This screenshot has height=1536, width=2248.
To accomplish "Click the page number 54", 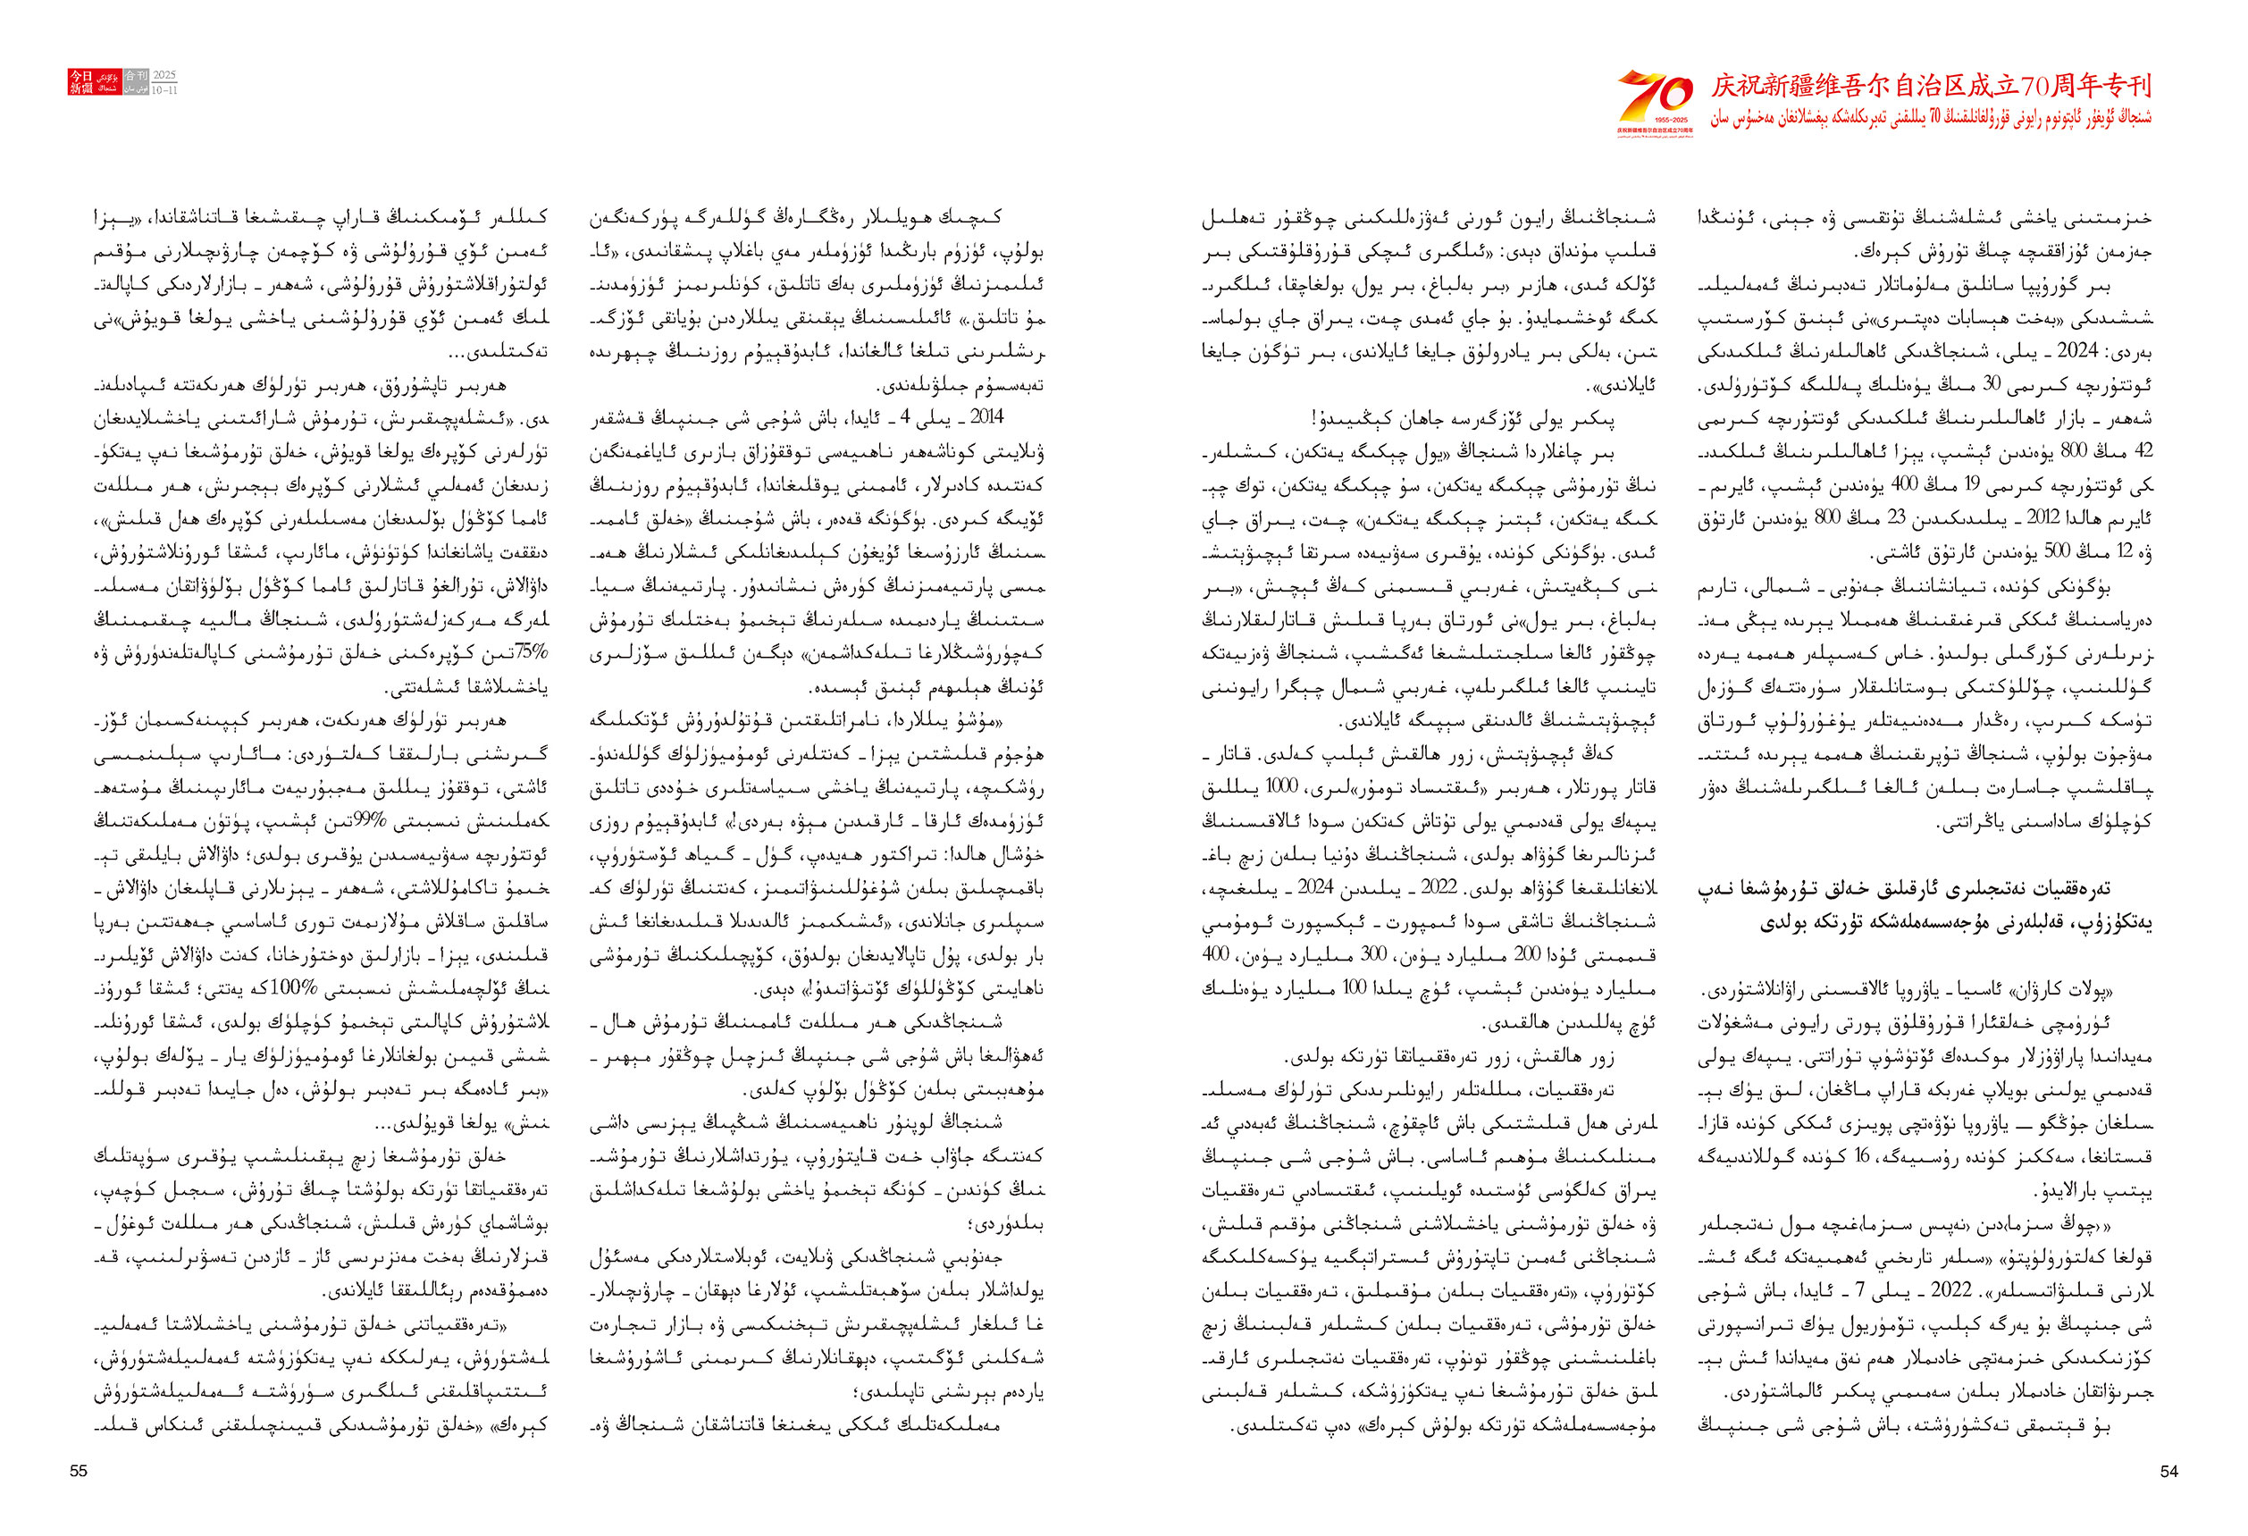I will (x=2168, y=1470).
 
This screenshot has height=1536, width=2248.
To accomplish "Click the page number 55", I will (x=79, y=1470).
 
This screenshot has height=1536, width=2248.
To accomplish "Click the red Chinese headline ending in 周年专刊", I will (x=1931, y=86).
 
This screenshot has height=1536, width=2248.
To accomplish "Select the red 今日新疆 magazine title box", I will (x=80, y=82).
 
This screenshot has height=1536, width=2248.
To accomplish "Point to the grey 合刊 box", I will (x=137, y=75).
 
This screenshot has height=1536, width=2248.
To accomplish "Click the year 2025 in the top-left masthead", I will (x=164, y=75).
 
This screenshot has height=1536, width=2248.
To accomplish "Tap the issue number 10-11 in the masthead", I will (x=164, y=90).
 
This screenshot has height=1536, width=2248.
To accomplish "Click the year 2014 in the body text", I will (x=986, y=417).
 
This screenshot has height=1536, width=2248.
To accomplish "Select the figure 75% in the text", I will (x=530, y=651).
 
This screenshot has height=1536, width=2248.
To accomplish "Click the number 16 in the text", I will (x=1862, y=1156).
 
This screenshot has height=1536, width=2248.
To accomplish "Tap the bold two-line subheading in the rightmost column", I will (x=1924, y=905).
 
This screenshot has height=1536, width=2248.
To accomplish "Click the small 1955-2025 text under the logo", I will (x=1655, y=119).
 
